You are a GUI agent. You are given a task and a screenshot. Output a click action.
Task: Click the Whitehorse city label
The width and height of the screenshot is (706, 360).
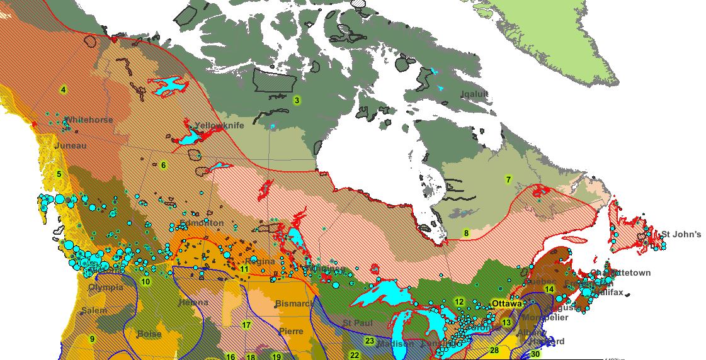click(x=89, y=120)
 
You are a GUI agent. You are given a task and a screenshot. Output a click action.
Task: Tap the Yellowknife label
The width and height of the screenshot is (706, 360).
click(x=219, y=125)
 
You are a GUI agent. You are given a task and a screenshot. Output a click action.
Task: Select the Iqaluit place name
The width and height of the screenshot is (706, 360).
click(x=474, y=94)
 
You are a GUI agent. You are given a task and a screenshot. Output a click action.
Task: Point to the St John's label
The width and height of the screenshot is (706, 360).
click(x=681, y=235)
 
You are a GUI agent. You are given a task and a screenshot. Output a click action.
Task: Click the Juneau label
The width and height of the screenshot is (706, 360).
click(x=71, y=145)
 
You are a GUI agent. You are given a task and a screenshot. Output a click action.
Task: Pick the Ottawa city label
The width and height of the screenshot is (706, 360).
click(x=507, y=303)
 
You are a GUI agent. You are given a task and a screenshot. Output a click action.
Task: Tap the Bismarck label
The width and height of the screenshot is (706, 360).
click(x=294, y=304)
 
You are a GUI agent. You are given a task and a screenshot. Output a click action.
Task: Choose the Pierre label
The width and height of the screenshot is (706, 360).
click(x=291, y=331)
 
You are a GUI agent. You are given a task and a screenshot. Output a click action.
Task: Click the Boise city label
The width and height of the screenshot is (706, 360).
click(x=150, y=334)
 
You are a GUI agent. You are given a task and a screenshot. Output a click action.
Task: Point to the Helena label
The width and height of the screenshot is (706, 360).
click(x=193, y=303)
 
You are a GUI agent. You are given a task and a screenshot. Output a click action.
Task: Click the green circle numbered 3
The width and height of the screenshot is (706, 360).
click(x=297, y=99)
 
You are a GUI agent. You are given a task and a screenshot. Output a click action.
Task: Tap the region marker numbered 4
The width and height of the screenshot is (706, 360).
click(x=64, y=89)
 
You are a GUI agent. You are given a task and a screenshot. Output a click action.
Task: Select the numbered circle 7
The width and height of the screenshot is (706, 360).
click(x=508, y=179)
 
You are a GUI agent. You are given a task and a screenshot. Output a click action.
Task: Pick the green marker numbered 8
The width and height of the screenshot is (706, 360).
click(x=466, y=233)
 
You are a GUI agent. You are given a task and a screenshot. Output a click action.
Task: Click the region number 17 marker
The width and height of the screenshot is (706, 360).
click(x=246, y=325)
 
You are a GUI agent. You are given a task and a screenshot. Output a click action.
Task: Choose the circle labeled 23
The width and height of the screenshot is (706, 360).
click(x=369, y=341)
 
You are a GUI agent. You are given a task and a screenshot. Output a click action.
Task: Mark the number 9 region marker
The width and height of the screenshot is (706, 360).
click(x=92, y=339)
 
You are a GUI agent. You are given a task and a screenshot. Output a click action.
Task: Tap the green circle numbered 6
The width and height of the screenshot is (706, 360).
click(x=163, y=166)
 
